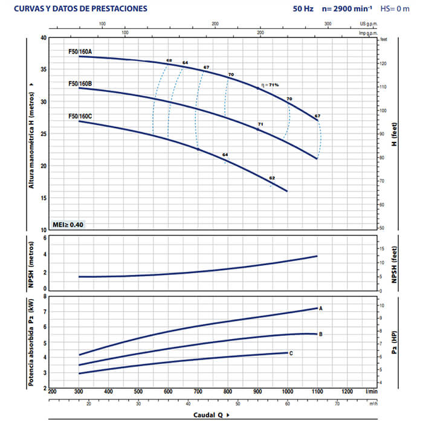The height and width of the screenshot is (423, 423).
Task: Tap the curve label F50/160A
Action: pos(80,52)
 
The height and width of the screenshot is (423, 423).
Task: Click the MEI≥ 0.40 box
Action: pos(68,225)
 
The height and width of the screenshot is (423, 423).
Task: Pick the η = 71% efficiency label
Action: pos(270,85)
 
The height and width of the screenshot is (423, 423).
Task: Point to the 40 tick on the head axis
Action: pos(42,37)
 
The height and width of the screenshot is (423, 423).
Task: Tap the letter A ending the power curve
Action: pos(321,308)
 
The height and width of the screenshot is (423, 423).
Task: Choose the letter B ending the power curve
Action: pos(321,334)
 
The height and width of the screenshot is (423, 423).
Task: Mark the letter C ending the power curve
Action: pos(291,352)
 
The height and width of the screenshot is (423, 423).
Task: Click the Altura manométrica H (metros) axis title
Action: pos(30,135)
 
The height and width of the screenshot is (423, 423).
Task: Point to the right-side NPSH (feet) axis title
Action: pos(394,265)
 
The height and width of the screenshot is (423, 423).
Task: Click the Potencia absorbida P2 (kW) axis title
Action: pos(30,342)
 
